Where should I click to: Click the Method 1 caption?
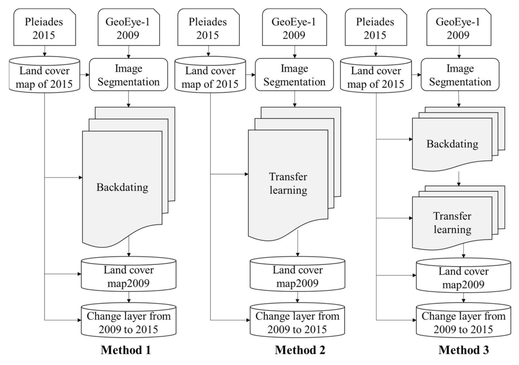tap(126, 350)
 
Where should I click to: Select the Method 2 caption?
tap(300, 350)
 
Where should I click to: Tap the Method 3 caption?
tap(464, 350)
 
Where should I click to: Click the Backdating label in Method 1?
tap(122, 187)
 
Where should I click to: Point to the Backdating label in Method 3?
tap(452, 144)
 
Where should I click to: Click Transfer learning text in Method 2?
tap(288, 183)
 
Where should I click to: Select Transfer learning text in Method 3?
tap(452, 223)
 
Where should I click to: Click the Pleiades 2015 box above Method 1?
tap(44, 28)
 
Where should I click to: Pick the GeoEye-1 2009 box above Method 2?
tap(294, 28)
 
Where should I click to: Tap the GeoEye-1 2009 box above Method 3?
tap(458, 28)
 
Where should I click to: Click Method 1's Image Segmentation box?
tap(128, 75)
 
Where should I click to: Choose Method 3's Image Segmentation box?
tap(460, 75)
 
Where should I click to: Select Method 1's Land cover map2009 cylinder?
tap(128, 276)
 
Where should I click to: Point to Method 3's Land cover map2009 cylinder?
tap(463, 278)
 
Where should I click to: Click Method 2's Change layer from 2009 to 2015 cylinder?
tap(297, 323)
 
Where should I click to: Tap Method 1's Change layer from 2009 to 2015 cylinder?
tap(128, 323)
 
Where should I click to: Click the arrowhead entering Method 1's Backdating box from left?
tap(81, 178)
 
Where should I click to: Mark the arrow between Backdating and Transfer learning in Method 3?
tap(459, 179)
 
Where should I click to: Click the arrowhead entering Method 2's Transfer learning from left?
tap(246, 174)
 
